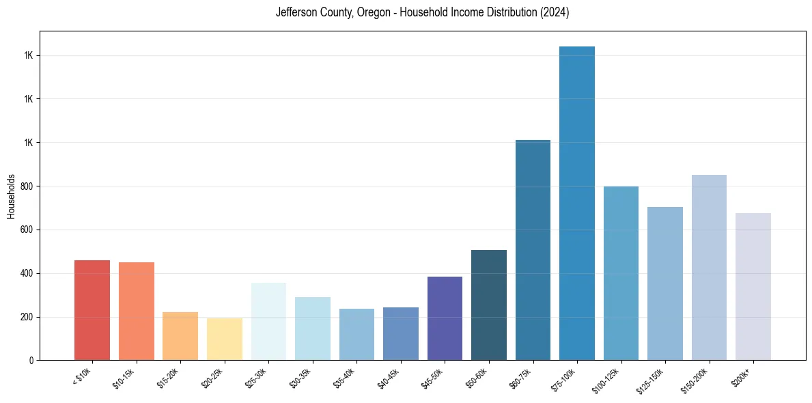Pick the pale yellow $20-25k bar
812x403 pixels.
225,339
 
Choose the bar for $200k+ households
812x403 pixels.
753,286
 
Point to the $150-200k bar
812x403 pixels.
709,267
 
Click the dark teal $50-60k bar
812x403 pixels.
489,305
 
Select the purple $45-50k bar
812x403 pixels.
445,318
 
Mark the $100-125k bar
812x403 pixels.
621,273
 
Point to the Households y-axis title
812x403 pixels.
11,196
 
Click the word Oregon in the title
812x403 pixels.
372,13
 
